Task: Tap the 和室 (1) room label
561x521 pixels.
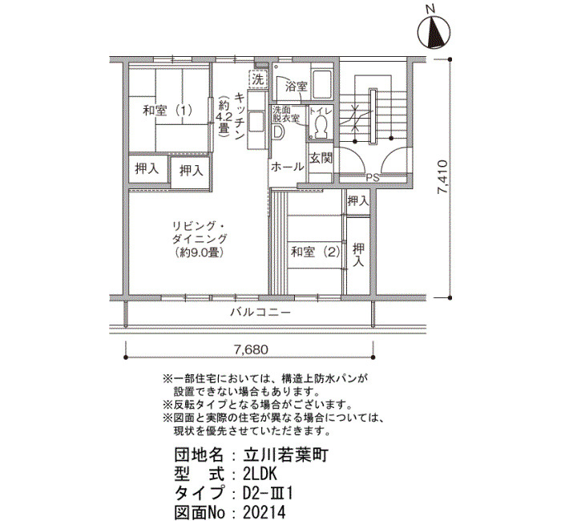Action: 167,110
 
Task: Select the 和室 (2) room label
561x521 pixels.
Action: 315,252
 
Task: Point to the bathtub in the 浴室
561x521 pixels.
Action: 321,85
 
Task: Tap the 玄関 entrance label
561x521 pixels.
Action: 321,158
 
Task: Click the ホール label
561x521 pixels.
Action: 287,167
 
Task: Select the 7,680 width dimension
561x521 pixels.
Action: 251,349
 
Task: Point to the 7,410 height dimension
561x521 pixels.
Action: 442,177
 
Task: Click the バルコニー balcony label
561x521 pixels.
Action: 260,313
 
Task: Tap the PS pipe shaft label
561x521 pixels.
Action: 373,177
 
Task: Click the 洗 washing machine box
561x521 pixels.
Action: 257,79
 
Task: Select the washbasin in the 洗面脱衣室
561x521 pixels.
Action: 278,132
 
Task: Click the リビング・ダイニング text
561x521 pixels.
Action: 200,232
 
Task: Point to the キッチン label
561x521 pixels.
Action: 240,116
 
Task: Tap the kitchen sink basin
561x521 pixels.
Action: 256,122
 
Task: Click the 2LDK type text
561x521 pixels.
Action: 260,475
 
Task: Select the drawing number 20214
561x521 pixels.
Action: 264,511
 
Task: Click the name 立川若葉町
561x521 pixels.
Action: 285,455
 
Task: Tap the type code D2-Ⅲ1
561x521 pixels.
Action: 268,494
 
